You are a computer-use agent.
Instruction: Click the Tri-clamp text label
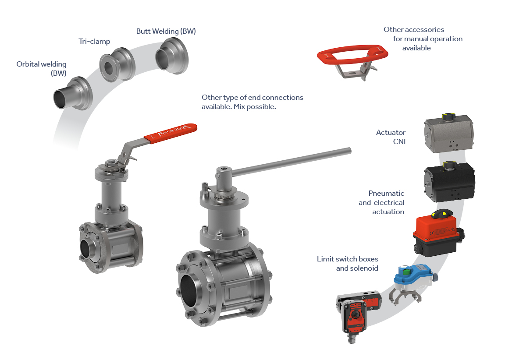94,42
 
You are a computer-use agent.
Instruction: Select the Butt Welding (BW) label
166,31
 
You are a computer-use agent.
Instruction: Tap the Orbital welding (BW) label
42,68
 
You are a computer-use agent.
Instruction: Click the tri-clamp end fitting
117,65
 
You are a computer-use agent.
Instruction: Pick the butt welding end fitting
172,56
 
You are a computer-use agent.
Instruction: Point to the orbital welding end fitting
73,94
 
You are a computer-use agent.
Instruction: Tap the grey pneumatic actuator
449,133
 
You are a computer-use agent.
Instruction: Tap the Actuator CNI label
391,137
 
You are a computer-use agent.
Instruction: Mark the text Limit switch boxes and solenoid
348,264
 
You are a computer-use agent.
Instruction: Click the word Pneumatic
386,193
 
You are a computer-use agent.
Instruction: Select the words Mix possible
255,107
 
